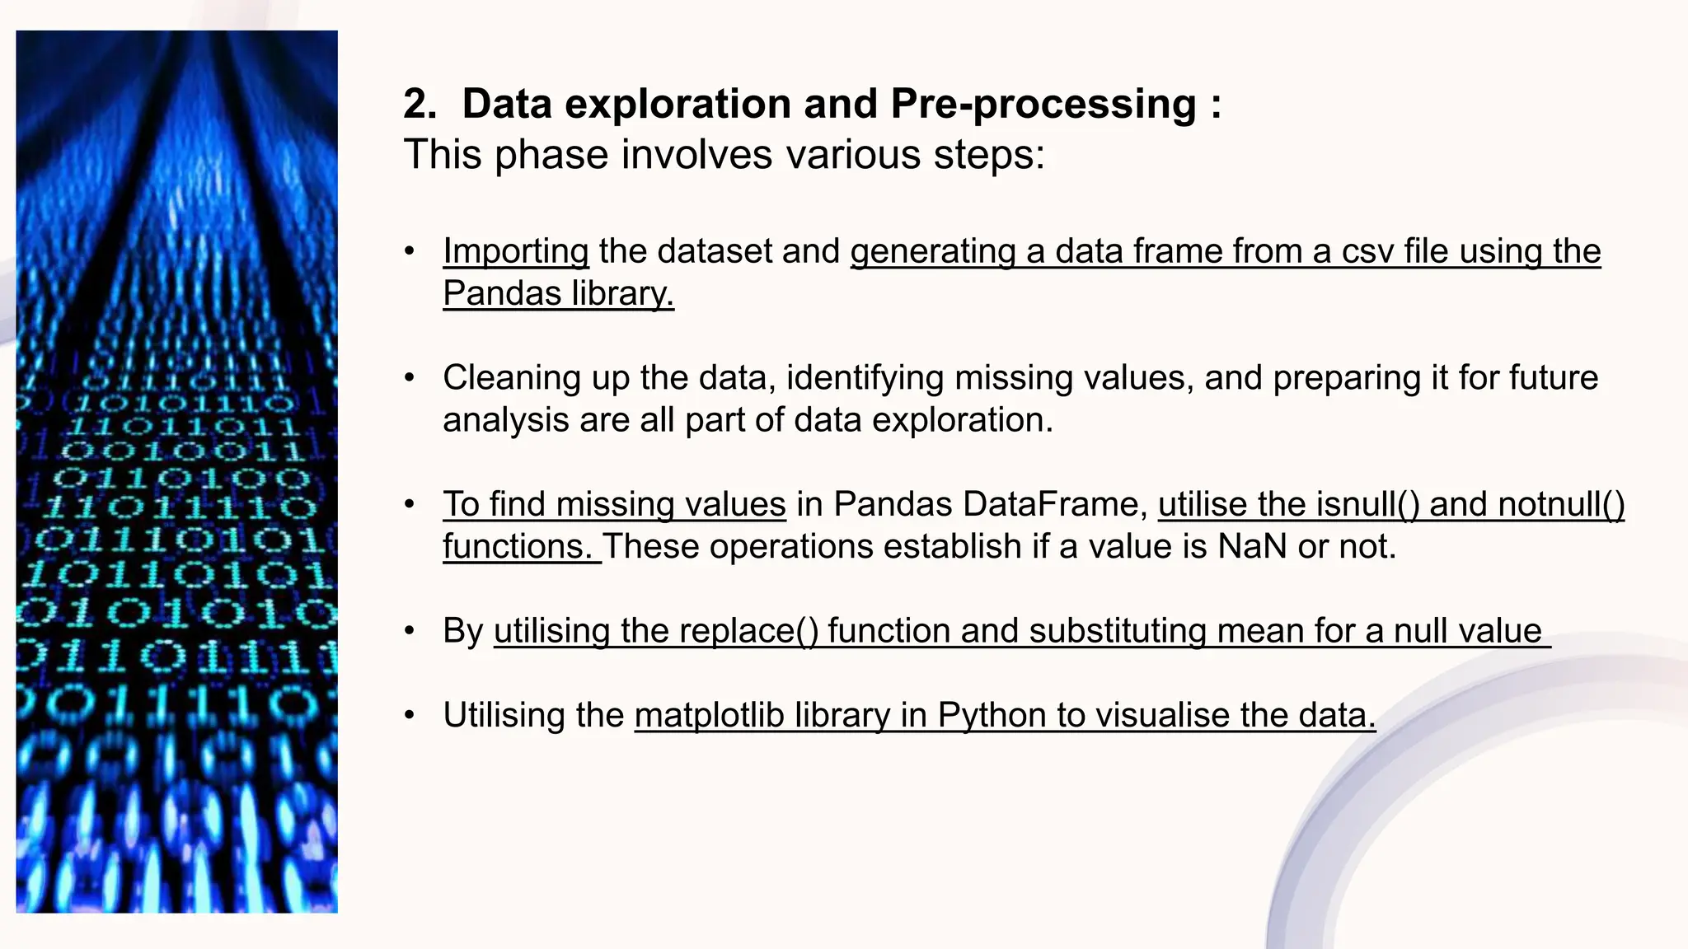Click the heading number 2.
pyautogui.click(x=420, y=105)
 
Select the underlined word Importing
pyautogui.click(x=516, y=251)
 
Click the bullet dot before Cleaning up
pyautogui.click(x=410, y=378)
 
